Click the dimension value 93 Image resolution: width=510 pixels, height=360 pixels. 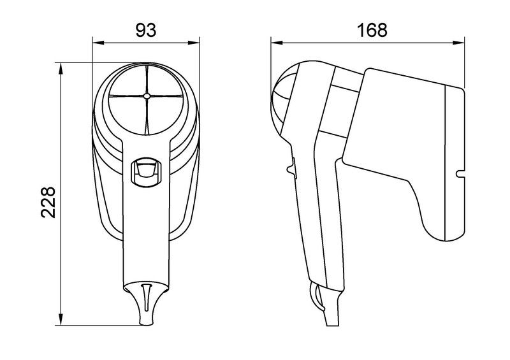(146, 30)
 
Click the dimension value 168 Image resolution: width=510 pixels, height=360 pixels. (372, 30)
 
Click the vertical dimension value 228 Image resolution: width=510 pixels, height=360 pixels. (48, 202)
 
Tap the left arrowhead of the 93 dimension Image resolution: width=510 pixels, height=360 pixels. (98, 43)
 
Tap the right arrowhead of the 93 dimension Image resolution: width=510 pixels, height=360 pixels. (194, 43)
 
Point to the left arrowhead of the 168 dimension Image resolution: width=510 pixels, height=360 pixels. (277, 43)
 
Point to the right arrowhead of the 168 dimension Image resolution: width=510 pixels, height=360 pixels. (458, 43)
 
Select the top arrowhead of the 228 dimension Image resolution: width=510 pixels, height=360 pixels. (61, 68)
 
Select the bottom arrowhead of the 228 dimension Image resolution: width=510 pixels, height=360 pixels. (61, 319)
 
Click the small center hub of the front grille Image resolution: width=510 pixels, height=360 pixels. (147, 96)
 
